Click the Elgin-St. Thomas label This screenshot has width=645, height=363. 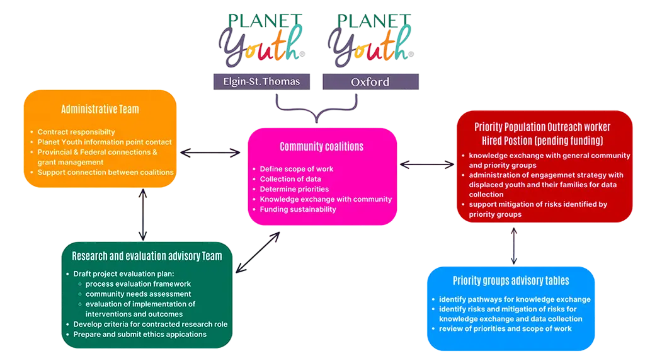click(261, 81)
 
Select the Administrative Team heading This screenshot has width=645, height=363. click(100, 109)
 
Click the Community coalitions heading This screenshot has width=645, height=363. click(321, 146)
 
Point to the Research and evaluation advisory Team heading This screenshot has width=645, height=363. click(147, 256)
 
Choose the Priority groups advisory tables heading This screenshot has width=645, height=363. click(511, 280)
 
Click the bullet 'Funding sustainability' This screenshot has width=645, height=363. click(298, 209)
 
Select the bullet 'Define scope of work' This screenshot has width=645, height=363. click(297, 169)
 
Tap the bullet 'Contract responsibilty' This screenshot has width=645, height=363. click(76, 132)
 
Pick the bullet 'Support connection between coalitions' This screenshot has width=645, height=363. click(105, 172)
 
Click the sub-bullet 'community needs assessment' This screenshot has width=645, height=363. click(139, 294)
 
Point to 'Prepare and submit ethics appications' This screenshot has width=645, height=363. click(140, 334)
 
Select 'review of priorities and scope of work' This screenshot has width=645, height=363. click(505, 329)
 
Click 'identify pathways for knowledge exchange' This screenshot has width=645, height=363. click(515, 299)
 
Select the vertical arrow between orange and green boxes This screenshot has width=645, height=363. click(144, 215)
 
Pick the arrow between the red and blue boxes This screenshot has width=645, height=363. click(515, 245)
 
